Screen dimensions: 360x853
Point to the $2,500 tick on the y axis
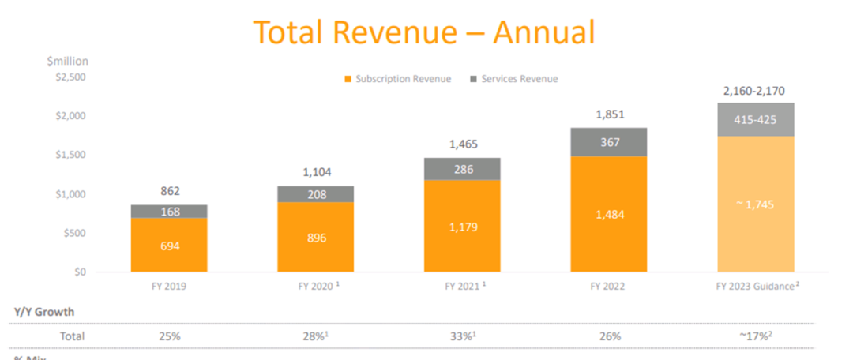[69, 77]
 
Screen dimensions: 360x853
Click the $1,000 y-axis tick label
[69, 194]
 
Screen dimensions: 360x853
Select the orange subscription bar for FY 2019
[170, 246]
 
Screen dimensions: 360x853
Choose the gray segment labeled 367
[608, 142]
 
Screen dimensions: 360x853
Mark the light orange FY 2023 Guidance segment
[756, 204]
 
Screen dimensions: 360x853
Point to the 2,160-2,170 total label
[756, 91]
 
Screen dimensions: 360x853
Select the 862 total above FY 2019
[170, 191]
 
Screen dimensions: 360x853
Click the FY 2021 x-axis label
[462, 287]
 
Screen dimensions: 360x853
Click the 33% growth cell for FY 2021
[462, 336]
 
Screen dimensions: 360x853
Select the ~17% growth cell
[756, 336]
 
